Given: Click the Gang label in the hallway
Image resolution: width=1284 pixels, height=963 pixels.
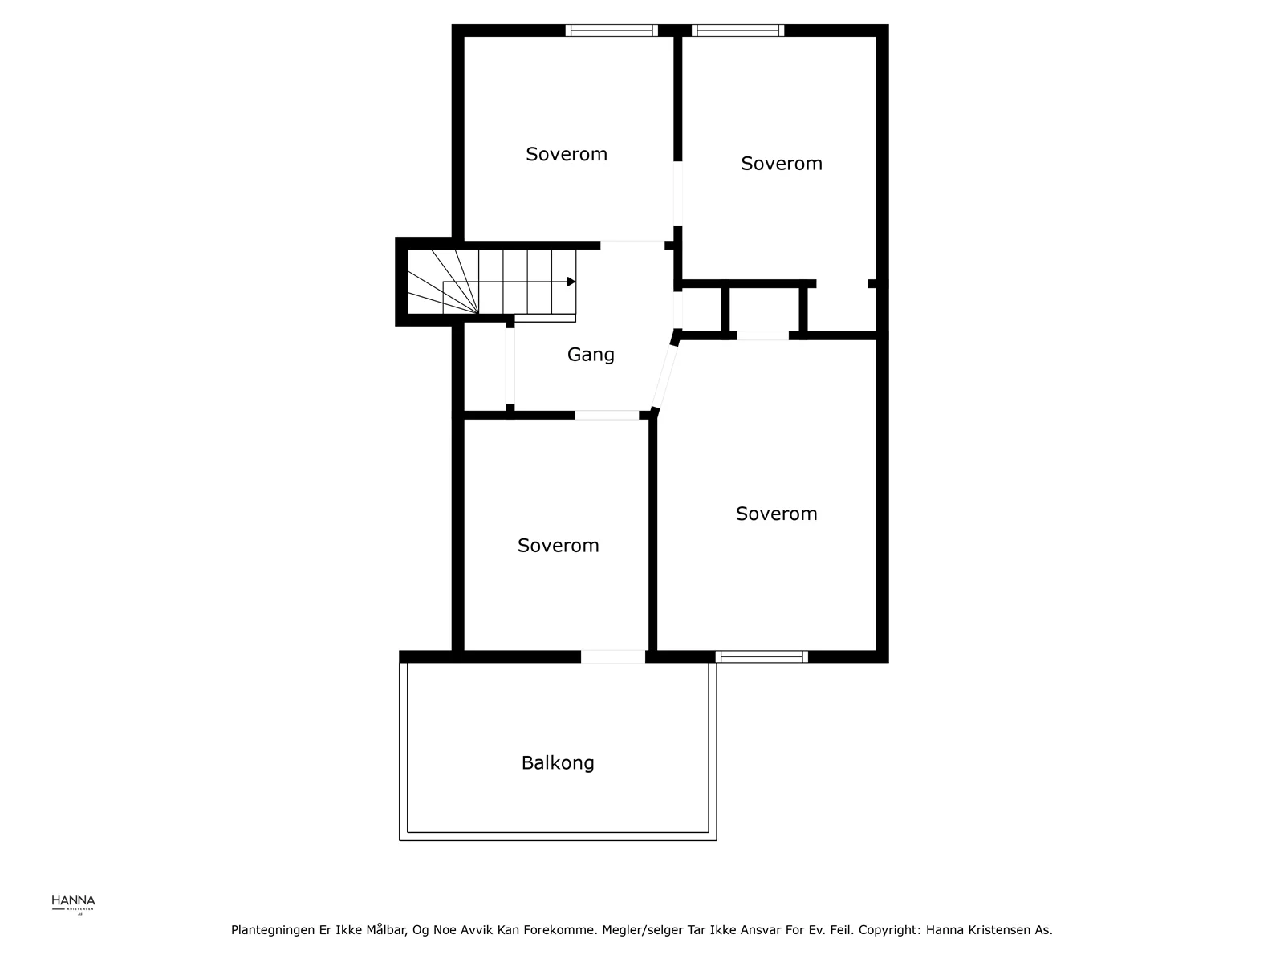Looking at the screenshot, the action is click(590, 355).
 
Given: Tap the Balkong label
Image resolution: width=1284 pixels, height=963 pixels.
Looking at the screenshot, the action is click(558, 762).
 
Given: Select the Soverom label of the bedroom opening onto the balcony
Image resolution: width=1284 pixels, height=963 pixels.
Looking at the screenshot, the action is click(558, 545).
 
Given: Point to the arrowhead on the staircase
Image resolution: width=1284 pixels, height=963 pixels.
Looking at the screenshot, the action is click(571, 282).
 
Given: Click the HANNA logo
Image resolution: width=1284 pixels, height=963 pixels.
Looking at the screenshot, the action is click(73, 904).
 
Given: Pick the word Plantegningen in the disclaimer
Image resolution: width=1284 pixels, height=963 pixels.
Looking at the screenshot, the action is click(273, 930).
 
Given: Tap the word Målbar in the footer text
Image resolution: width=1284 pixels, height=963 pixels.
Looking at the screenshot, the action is click(387, 929).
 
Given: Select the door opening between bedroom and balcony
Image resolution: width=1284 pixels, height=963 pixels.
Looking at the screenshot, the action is click(612, 656).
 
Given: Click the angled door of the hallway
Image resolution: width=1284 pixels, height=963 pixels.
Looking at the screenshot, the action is click(665, 376).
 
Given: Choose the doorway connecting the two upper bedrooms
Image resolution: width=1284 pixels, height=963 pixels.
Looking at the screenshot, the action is click(677, 193).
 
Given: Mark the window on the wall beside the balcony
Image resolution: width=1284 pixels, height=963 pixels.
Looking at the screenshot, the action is click(762, 656).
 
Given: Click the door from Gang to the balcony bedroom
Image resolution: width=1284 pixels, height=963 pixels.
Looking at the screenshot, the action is click(607, 415).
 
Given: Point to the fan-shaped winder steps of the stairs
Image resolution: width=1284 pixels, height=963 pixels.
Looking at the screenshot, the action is click(443, 282).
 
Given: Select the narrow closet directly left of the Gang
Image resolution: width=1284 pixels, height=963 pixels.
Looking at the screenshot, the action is click(485, 368).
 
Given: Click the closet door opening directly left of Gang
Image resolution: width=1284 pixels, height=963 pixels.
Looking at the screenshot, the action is click(510, 366).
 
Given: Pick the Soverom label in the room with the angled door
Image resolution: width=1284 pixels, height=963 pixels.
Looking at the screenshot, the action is click(776, 514).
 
